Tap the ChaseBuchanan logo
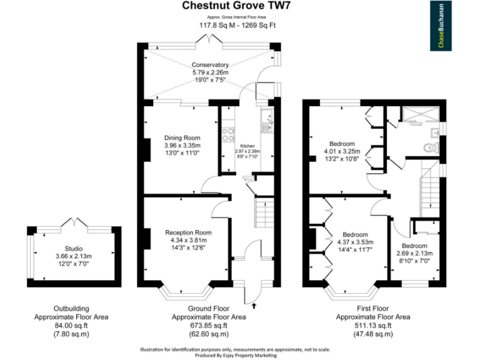tap(441, 26)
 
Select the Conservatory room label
tap(210, 65)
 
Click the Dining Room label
tap(182, 137)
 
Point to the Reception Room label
tap(188, 232)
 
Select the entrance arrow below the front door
tap(254, 306)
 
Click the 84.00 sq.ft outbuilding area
tap(71, 326)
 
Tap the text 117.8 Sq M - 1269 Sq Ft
tap(237, 25)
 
